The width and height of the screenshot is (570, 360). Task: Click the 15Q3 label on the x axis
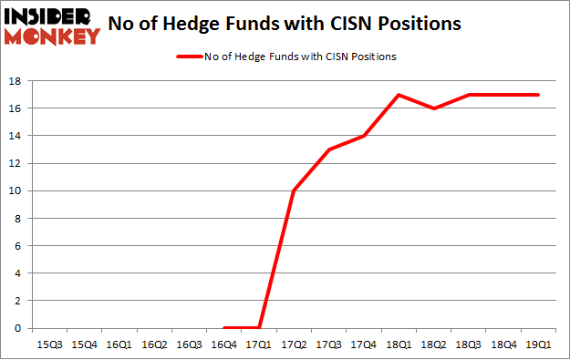point(49,344)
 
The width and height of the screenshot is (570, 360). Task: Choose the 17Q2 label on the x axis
point(294,344)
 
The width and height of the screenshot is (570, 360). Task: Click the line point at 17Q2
point(294,190)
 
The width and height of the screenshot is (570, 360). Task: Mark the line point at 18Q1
point(399,95)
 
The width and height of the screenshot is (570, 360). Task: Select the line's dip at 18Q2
point(433,108)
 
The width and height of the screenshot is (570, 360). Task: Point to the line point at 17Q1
point(259,327)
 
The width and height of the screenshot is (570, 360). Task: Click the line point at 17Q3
point(328,149)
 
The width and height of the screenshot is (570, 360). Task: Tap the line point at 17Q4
point(363,136)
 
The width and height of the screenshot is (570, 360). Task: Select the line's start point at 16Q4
point(224,327)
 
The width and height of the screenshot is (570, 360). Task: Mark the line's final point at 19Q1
point(538,95)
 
